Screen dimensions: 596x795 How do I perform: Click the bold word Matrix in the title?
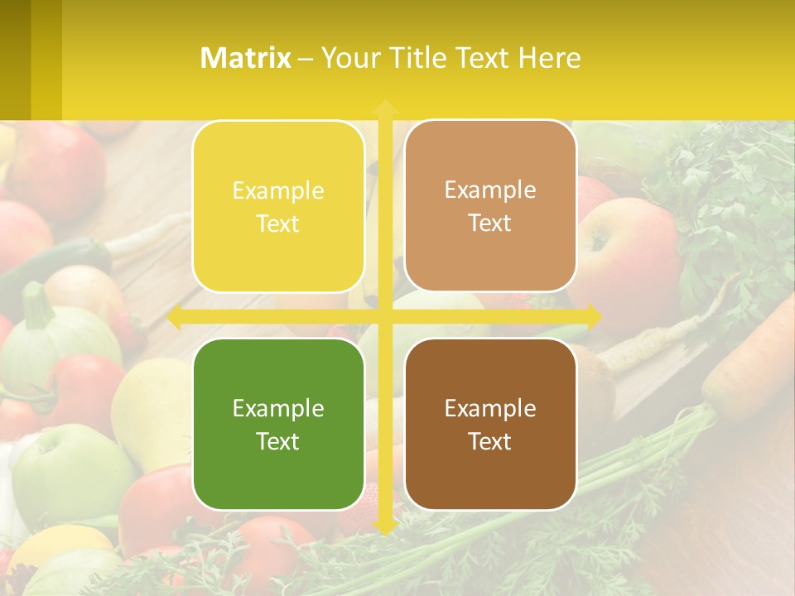click(245, 58)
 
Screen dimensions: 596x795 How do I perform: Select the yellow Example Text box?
click(278, 207)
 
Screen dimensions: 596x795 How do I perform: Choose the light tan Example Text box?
click(490, 206)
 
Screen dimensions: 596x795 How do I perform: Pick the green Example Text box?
click(278, 424)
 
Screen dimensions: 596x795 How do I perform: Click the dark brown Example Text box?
click(490, 424)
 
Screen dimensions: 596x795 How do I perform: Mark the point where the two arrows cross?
click(384, 316)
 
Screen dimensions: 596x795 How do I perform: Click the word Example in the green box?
click(278, 408)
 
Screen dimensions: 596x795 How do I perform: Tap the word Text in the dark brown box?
click(490, 441)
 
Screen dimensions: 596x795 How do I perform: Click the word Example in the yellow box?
click(278, 191)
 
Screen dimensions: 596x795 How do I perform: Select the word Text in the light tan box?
click(490, 223)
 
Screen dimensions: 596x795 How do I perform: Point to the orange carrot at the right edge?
click(749, 356)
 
